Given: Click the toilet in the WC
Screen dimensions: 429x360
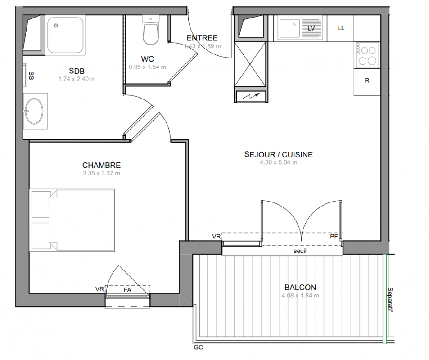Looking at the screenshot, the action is (150, 30).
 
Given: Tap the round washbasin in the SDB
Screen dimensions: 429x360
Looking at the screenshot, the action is (34, 111).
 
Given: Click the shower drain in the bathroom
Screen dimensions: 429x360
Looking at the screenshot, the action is (56, 26).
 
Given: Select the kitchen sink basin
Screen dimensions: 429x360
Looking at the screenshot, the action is (289, 28).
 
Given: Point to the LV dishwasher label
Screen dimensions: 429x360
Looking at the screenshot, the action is (311, 28).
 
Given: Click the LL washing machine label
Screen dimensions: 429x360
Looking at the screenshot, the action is (341, 28).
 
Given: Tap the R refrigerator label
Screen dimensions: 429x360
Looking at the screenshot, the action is (367, 81).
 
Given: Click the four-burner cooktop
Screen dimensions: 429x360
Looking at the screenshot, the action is (367, 55).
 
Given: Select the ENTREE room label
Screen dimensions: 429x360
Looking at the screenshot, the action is (202, 38).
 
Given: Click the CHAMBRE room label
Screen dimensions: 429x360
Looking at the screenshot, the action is (101, 165).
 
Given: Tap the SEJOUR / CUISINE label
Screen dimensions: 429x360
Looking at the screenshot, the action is (279, 154).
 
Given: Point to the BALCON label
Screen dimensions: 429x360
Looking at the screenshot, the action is (300, 288).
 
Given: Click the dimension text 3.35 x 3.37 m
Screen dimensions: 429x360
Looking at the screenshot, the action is (101, 173).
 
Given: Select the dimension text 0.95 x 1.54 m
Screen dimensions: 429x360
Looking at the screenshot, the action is (148, 67).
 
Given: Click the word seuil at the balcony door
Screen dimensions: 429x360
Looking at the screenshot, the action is (300, 251).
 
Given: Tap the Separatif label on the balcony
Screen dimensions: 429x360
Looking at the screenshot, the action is (390, 300).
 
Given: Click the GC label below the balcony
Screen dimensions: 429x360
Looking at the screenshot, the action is (199, 347).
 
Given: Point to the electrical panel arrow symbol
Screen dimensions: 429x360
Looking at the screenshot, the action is (251, 96).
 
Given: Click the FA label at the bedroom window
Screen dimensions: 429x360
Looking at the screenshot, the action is (127, 290).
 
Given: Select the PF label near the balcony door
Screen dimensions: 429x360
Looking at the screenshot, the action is (334, 236).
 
